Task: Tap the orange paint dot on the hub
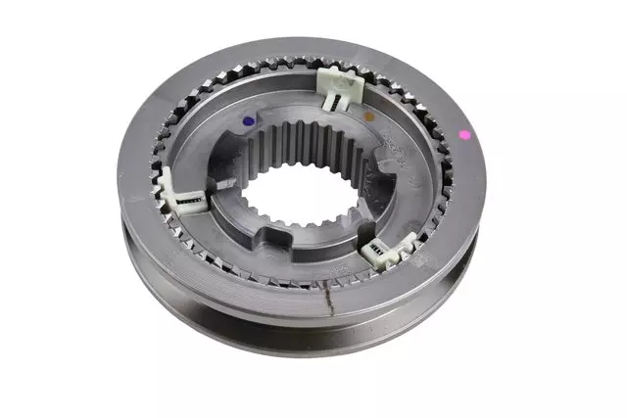369,116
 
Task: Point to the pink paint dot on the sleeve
464,134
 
